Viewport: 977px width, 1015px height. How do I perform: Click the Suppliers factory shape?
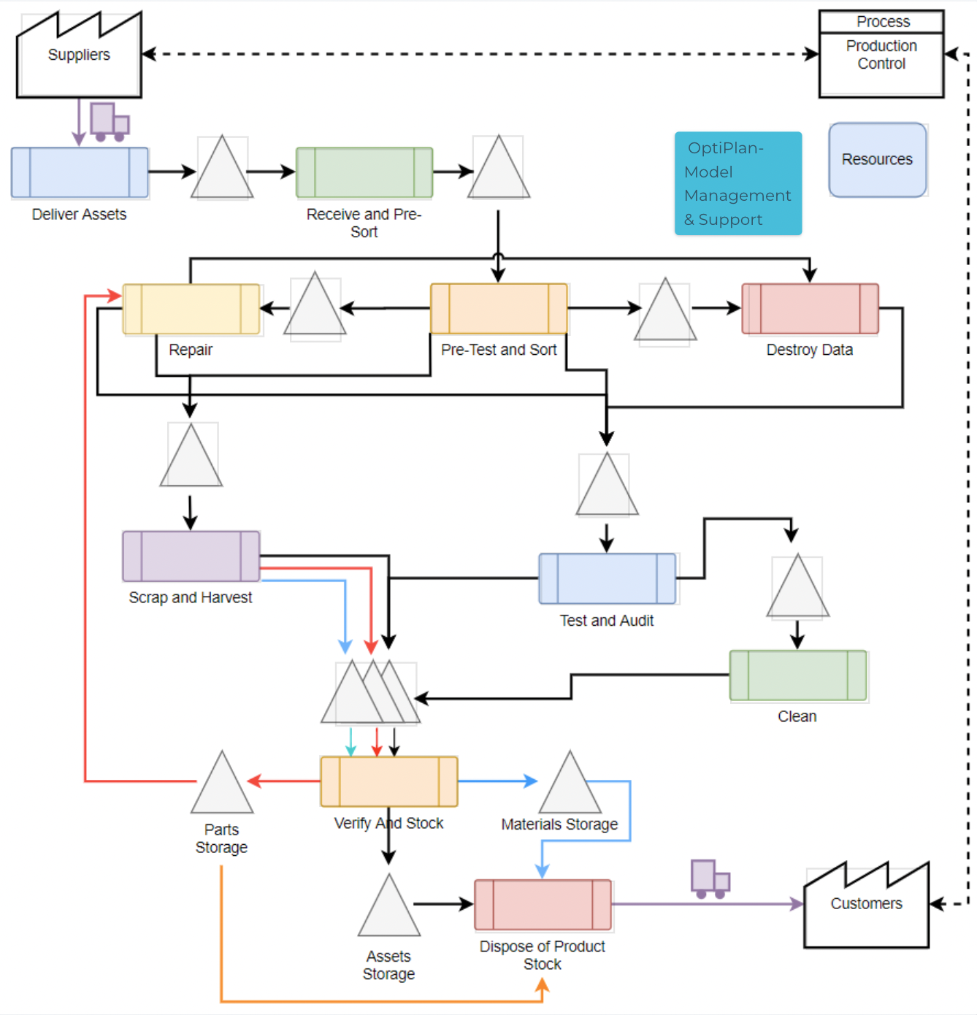(79, 62)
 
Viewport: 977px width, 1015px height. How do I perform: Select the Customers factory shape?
(866, 909)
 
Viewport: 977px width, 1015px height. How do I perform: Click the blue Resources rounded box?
(877, 160)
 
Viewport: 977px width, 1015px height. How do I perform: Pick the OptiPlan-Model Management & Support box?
(737, 183)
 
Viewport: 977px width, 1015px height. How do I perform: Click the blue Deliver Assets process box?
(80, 173)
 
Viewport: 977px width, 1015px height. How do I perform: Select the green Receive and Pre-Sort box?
(364, 173)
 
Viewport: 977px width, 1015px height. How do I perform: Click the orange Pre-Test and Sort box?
(499, 309)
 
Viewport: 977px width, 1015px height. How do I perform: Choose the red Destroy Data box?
(810, 309)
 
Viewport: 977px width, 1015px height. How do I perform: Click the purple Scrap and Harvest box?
(191, 556)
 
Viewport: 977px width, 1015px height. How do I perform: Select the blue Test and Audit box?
(607, 579)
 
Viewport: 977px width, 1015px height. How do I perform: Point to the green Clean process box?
(797, 675)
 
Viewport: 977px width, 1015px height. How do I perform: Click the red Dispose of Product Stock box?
(543, 905)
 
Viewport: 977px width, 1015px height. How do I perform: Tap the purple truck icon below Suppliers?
(109, 122)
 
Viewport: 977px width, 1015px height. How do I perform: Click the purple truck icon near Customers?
(710, 878)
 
